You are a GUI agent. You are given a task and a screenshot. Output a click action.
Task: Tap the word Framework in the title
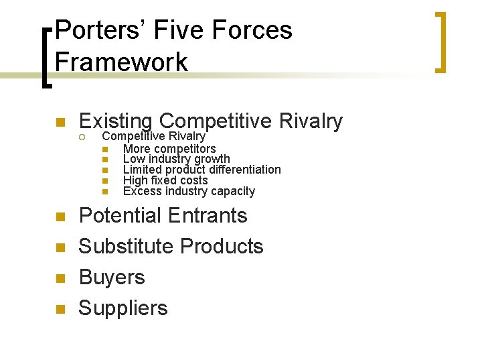coord(121,62)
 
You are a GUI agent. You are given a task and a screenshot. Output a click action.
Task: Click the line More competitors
coord(169,148)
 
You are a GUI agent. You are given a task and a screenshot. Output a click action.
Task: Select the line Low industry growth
coord(176,159)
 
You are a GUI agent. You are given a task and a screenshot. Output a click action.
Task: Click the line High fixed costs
coord(165,180)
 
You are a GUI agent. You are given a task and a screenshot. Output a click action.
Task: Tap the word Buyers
coord(112,277)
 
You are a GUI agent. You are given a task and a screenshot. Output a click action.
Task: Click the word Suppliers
coord(123,308)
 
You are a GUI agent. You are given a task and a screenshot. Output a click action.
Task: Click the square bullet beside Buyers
coord(60,278)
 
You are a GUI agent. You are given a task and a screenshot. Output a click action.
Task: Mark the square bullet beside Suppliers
coord(60,309)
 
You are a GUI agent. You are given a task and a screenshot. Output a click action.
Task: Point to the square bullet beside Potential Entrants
coord(60,217)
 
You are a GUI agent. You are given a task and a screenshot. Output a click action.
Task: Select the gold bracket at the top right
coord(442,42)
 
